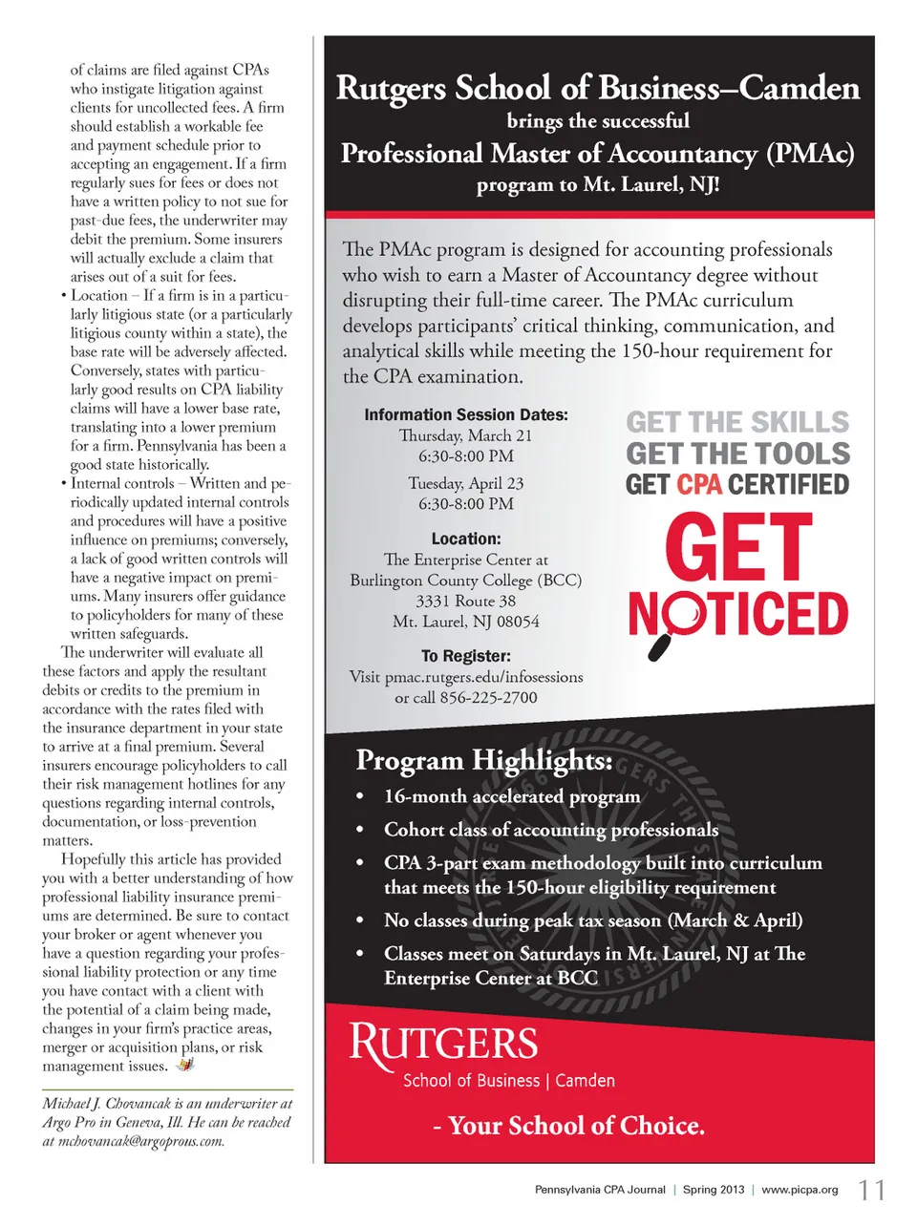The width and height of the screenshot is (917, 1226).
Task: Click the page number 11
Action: (871, 1190)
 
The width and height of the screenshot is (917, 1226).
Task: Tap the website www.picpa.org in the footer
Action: (800, 1190)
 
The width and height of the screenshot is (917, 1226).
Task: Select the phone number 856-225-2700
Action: (488, 698)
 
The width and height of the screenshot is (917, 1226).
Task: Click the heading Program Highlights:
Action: (484, 761)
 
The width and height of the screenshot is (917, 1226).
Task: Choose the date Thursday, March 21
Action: (465, 435)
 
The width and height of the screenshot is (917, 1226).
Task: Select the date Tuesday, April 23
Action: (465, 483)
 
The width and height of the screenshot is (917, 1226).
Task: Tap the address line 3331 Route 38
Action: (465, 601)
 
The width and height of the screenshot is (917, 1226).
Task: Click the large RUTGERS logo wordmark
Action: (443, 1044)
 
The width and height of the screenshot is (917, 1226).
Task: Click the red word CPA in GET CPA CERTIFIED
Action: (699, 485)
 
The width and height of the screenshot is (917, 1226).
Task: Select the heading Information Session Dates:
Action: (465, 415)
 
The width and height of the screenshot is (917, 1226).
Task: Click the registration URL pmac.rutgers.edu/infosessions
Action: (483, 677)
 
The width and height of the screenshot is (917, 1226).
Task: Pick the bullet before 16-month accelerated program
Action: (360, 797)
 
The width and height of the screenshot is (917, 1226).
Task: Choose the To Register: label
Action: (465, 656)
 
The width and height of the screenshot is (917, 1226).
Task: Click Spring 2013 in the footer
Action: (713, 1190)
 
